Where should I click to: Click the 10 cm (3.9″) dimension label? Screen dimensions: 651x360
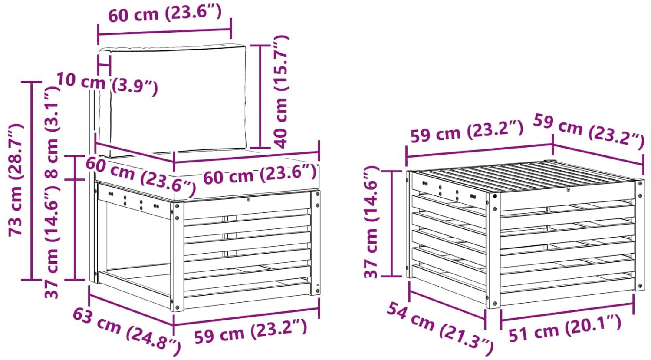[107, 83]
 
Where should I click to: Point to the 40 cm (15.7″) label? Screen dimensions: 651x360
[280, 92]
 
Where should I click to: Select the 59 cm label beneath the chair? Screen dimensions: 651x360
[250, 331]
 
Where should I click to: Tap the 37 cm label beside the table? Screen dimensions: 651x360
[371, 222]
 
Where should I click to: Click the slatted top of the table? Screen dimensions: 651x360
[520, 176]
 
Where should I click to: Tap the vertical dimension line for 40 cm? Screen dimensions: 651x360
[260, 96]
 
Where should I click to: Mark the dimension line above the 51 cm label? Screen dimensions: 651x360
[567, 311]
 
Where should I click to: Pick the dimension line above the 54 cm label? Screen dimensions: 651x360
[447, 301]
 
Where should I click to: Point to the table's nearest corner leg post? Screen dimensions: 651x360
[493, 250]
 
